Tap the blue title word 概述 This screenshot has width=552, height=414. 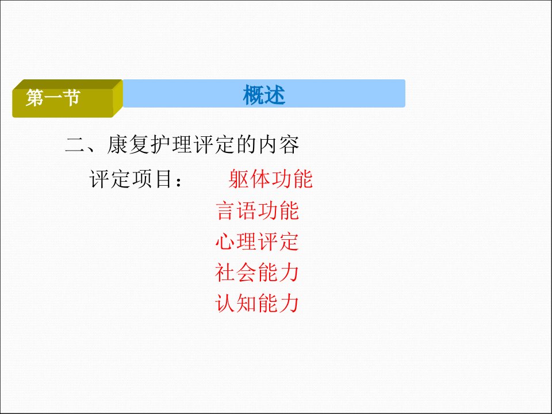click(x=264, y=95)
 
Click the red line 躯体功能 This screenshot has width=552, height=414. click(x=270, y=179)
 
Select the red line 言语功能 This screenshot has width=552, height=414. click(x=258, y=211)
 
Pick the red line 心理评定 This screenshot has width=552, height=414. click(x=258, y=241)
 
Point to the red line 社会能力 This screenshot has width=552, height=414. click(x=258, y=273)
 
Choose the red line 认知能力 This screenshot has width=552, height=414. click(x=258, y=303)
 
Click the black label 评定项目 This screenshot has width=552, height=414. click(x=131, y=179)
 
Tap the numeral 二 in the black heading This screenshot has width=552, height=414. click(x=75, y=145)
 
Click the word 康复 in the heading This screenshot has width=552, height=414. click(x=128, y=144)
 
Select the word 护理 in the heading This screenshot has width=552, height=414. click(x=171, y=144)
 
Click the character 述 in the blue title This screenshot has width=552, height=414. click(x=275, y=95)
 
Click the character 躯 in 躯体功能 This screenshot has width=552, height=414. click(x=239, y=179)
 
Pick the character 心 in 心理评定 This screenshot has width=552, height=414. click(x=225, y=241)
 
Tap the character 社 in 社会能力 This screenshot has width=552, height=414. click(x=225, y=273)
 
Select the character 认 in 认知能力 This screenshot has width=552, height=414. click(x=225, y=303)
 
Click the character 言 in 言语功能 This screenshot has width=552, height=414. click(x=225, y=211)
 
